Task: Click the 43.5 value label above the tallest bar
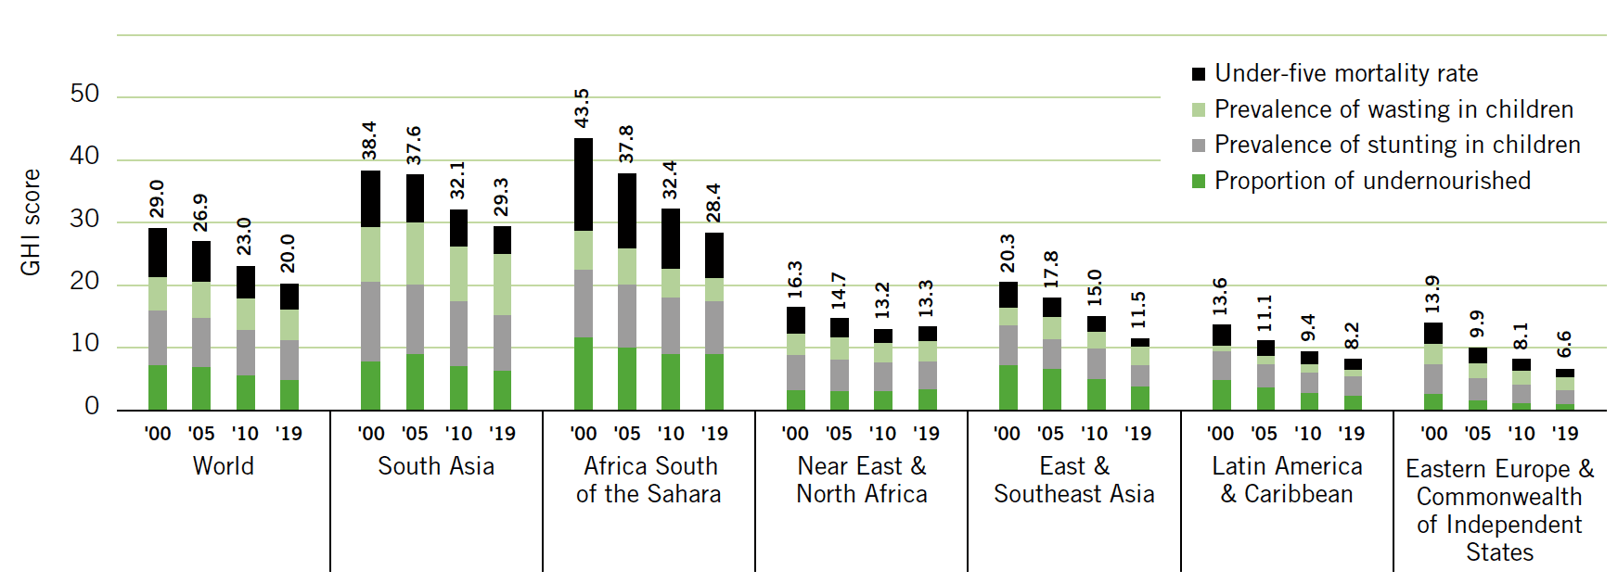pos(582,108)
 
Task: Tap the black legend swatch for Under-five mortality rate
pos(1199,74)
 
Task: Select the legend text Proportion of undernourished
pos(1372,181)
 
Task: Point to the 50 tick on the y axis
pos(84,94)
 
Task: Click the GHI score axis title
pos(31,222)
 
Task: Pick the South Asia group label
pos(436,466)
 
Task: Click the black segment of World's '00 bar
pos(158,252)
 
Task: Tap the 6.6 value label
pos(1564,344)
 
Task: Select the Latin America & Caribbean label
pos(1287,480)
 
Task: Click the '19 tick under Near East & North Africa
pos(925,434)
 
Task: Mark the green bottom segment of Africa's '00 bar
pos(584,374)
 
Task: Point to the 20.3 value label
pos(1008,253)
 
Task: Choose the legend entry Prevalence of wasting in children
pos(1393,109)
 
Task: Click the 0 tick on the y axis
pos(92,406)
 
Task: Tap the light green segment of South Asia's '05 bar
pos(415,253)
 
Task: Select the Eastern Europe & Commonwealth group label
pos(1499,510)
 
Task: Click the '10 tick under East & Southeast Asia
pos(1095,434)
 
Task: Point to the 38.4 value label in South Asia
pos(369,140)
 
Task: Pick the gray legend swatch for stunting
pos(1199,146)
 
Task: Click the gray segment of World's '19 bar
pos(289,360)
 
